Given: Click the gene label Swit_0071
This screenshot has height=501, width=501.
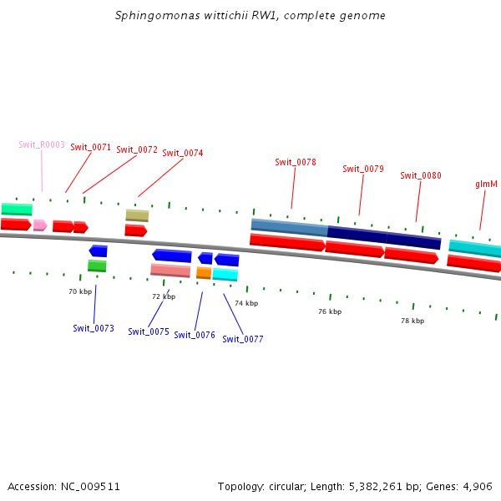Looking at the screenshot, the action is point(90,147).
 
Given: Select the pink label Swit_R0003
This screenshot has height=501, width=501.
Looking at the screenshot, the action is point(42,144).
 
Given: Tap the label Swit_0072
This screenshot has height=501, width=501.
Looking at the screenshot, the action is point(137,149).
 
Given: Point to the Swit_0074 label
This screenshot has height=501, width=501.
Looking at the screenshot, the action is point(182,153).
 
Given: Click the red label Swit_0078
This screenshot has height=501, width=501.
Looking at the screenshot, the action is point(296,162).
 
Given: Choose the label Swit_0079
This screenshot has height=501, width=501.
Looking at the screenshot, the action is point(363,169).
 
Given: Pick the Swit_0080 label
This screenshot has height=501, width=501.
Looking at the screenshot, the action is point(421,175).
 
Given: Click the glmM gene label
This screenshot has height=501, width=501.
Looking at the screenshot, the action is point(486,184).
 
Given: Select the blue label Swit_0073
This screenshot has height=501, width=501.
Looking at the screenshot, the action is point(94,328).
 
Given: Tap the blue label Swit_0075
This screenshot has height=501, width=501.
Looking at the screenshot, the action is point(149,331).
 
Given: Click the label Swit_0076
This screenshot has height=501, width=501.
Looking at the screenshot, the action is point(195,335).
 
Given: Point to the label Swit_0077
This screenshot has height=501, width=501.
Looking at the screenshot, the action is point(243,339).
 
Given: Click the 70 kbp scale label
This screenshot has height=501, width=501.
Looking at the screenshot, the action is point(80,291).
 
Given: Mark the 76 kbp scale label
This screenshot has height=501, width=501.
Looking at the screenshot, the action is point(330,311).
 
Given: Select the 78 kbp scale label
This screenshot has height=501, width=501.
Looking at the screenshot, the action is point(412,320).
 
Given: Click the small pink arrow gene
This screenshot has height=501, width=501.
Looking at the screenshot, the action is point(39,225).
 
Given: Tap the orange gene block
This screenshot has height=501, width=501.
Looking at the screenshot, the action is point(204,273).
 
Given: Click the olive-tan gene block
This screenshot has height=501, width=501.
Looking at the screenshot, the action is point(137,215).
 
